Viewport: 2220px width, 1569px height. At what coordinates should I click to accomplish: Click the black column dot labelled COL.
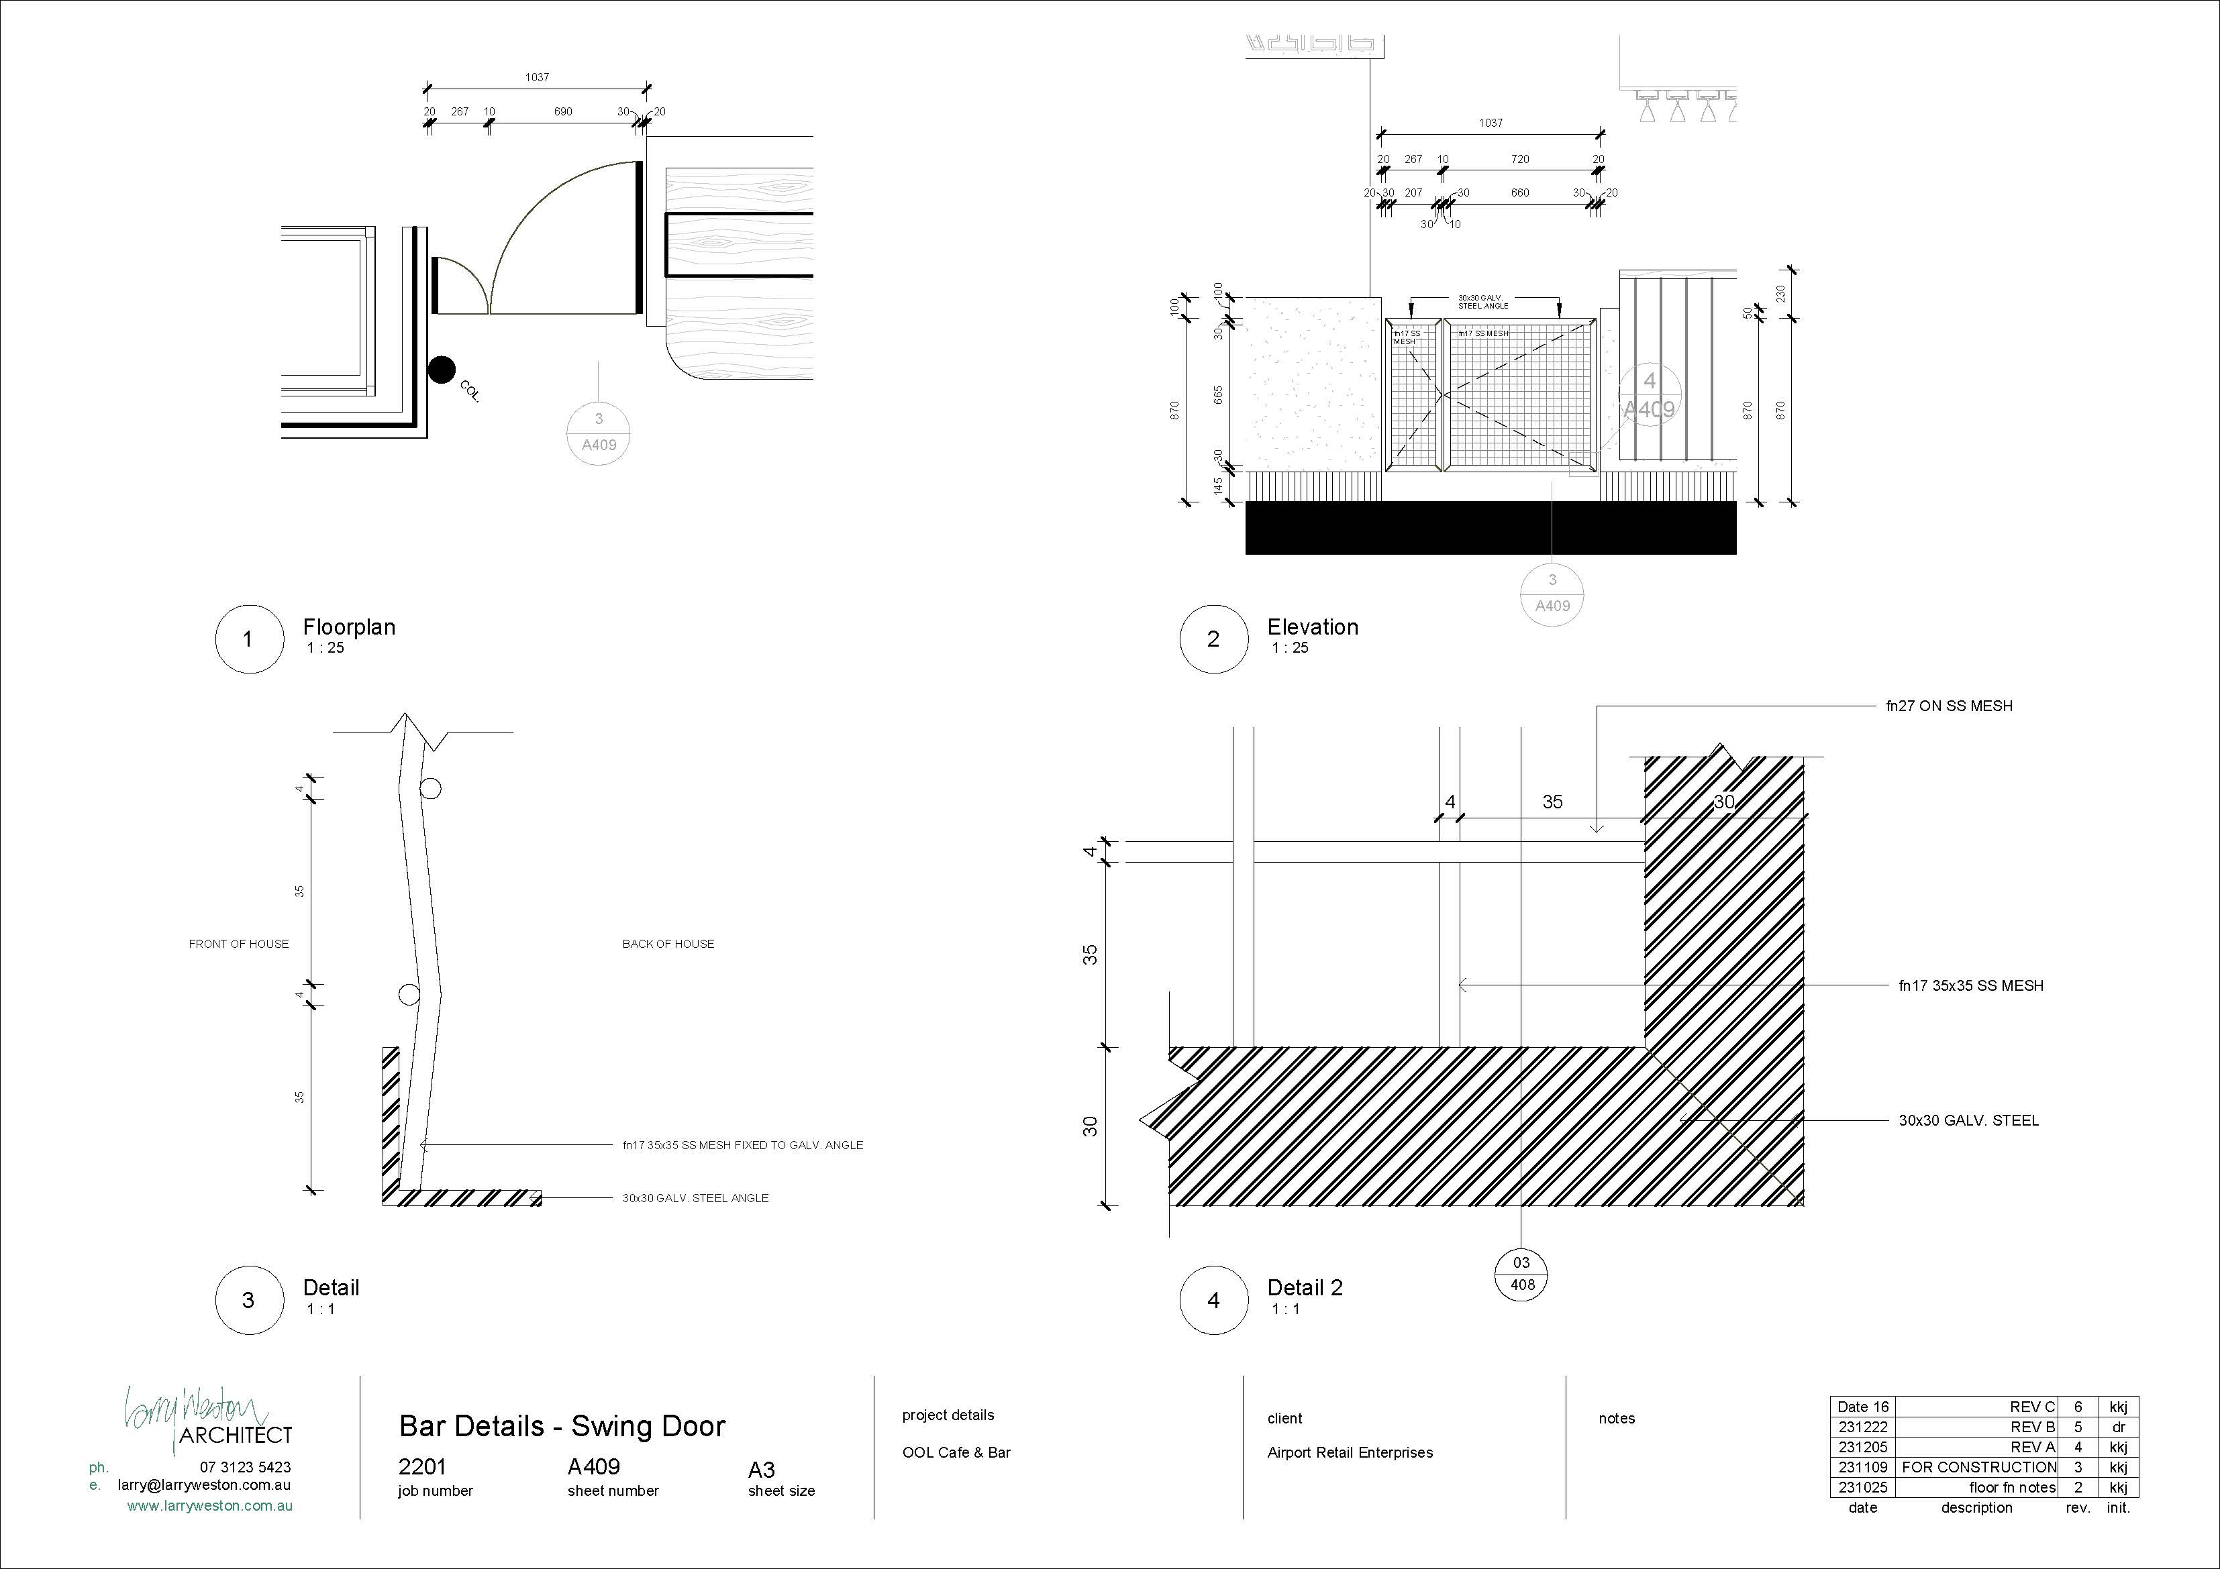[442, 370]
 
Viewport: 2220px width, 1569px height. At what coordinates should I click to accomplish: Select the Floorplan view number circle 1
[248, 639]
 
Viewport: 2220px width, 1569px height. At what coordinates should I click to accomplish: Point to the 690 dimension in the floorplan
[563, 112]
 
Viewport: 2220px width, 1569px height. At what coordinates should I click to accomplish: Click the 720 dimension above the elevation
[1520, 160]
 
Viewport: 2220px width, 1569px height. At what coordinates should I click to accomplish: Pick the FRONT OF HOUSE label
[239, 944]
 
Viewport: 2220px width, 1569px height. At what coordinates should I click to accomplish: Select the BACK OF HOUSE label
[668, 944]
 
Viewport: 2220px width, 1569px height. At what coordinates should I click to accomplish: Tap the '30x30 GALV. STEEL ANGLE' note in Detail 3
[695, 1198]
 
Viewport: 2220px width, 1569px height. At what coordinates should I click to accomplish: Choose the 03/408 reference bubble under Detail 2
[1522, 1274]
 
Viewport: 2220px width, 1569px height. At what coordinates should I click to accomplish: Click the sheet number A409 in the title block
[594, 1466]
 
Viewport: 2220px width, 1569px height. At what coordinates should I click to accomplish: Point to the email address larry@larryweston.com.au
[204, 1485]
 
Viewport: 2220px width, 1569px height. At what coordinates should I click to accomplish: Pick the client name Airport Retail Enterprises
[1350, 1453]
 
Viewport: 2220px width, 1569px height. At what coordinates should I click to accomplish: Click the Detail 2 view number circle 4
[1213, 1300]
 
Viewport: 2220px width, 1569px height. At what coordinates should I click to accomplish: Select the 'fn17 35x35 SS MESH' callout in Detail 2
[1970, 986]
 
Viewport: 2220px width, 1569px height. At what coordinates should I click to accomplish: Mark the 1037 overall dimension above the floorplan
[538, 77]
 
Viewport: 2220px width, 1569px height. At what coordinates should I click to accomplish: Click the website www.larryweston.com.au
[210, 1505]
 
